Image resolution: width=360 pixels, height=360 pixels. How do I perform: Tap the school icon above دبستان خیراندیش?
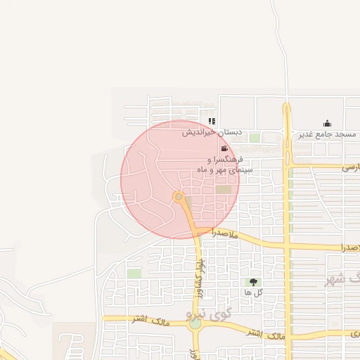point(212,121)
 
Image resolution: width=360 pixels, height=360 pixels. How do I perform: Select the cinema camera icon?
point(224,148)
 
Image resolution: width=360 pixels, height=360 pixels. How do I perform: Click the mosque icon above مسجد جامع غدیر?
point(326,123)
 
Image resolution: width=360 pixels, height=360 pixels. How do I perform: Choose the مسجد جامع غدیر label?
point(327,134)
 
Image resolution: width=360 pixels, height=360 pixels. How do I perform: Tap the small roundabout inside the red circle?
point(179,196)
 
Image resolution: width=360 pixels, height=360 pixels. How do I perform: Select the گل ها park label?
point(253,292)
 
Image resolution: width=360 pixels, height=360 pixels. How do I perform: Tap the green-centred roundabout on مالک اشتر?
point(195,324)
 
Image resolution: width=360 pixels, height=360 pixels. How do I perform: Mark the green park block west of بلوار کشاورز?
point(134,272)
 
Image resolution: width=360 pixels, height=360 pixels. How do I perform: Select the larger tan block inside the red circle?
point(224,189)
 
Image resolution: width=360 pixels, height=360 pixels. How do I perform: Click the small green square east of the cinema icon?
point(254,138)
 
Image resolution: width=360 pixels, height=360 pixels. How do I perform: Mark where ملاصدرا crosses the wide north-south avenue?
point(288,247)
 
